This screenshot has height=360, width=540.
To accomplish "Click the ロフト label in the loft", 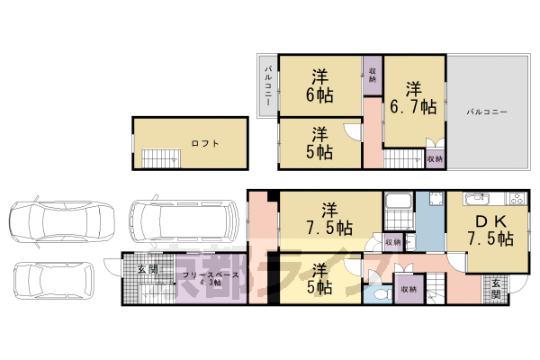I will [x=205, y=142].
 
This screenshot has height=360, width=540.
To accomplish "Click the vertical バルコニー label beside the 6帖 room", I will [x=267, y=86].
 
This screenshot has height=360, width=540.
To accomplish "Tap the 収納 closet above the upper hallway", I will [x=372, y=74].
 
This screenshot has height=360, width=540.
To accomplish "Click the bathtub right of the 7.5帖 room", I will [x=397, y=212].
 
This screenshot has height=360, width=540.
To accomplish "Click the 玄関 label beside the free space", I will [x=148, y=269].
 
